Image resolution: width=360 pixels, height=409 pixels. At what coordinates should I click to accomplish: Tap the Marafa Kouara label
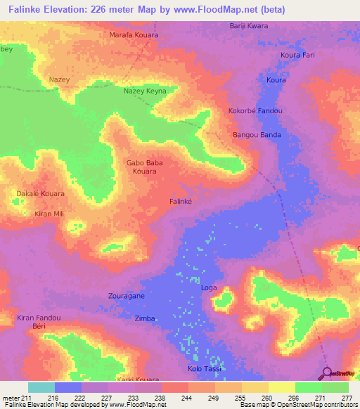click(x=134, y=34)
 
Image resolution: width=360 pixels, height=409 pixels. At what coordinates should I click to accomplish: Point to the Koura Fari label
click(x=297, y=55)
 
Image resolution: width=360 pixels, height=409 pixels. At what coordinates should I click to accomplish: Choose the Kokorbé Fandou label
click(x=255, y=111)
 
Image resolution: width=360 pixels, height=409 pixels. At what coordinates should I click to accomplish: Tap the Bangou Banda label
click(x=257, y=135)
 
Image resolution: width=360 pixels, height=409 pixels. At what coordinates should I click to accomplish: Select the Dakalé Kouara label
click(x=40, y=193)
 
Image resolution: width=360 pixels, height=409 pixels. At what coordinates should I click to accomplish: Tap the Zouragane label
click(x=127, y=297)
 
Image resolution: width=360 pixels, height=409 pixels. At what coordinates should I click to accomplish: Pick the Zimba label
click(x=144, y=318)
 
